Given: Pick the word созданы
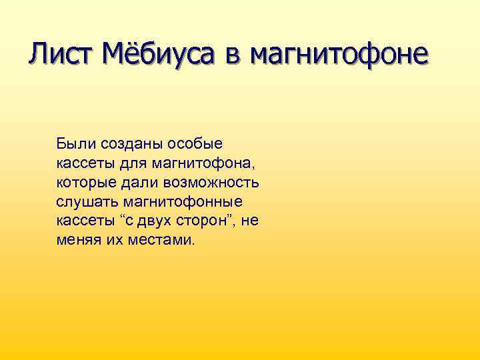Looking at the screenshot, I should (x=127, y=144).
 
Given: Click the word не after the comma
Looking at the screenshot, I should (x=250, y=221).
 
